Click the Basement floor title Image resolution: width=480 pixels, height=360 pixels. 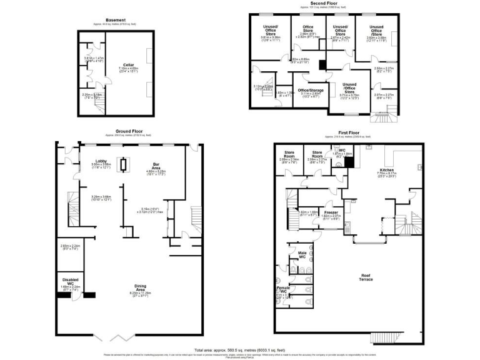pyautogui.click(x=116, y=20)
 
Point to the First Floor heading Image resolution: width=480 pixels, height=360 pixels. pyautogui.click(x=349, y=132)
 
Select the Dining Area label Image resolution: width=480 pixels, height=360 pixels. pyautogui.click(x=141, y=289)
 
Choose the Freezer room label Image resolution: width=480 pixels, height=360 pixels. pyautogui.click(x=331, y=212)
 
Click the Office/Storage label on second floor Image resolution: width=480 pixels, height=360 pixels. pyautogui.click(x=310, y=91)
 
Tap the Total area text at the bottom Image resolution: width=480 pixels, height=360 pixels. pyautogui.click(x=239, y=350)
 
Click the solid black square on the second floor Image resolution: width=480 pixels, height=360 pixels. pyautogui.click(x=322, y=65)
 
